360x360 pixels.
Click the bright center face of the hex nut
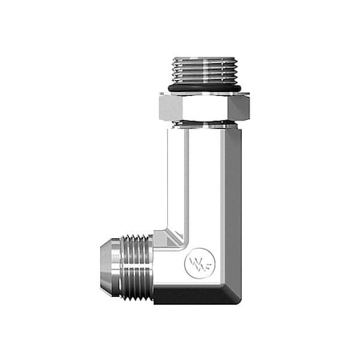pyautogui.click(x=199, y=106)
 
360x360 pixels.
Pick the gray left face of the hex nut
pyautogui.click(x=168, y=106)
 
